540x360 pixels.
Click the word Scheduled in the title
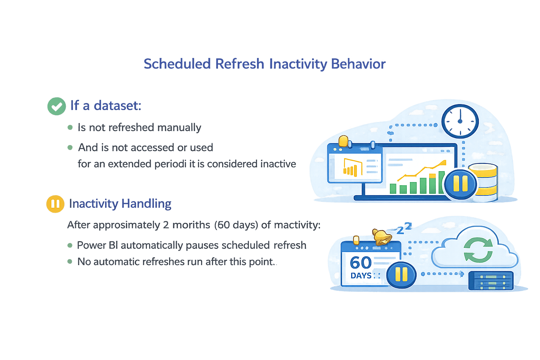tap(177, 64)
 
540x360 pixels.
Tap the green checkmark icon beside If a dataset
tap(56, 106)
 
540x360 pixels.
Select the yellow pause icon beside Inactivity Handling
tap(55, 204)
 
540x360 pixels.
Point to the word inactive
tap(278, 164)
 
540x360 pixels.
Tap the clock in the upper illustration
tap(460, 121)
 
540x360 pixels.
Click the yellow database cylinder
tap(484, 182)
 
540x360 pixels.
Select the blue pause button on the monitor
tap(460, 184)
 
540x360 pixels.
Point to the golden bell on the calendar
tap(381, 237)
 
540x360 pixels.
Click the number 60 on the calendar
tap(360, 263)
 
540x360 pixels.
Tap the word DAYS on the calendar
tap(361, 276)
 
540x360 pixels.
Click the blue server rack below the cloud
tap(491, 280)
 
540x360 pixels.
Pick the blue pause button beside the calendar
tap(401, 275)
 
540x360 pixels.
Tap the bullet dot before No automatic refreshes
tap(70, 262)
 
